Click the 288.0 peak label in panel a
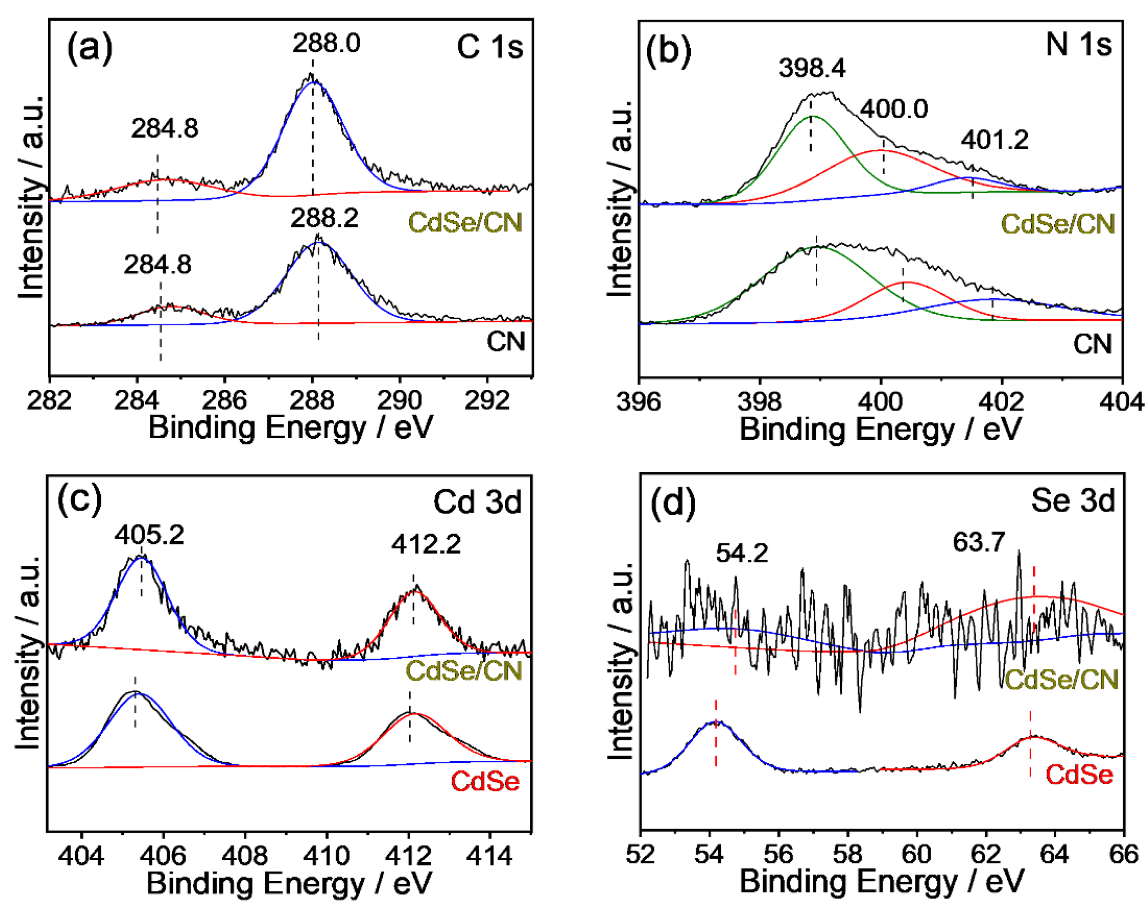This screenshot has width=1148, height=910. tap(326, 43)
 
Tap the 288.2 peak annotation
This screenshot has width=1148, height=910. tap(324, 218)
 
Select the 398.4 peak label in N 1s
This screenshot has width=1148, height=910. tap(811, 68)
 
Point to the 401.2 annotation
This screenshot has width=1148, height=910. tap(994, 141)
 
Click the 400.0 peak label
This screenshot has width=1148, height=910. tap(894, 109)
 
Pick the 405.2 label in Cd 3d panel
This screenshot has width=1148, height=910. tap(149, 535)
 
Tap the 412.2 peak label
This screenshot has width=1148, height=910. tap(426, 544)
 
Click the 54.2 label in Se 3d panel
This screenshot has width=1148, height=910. tap(742, 554)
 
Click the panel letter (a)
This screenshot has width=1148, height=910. tap(90, 48)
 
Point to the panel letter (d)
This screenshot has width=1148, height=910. tap(673, 503)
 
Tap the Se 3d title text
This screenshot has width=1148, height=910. tap(1072, 501)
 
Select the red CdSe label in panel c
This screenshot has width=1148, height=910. tap(485, 781)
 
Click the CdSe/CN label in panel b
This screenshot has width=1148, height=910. tap(1058, 224)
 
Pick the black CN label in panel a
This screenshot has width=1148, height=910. tap(506, 341)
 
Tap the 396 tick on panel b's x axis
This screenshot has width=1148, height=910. tap(639, 402)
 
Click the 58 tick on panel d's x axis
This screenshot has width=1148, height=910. tap(847, 855)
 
